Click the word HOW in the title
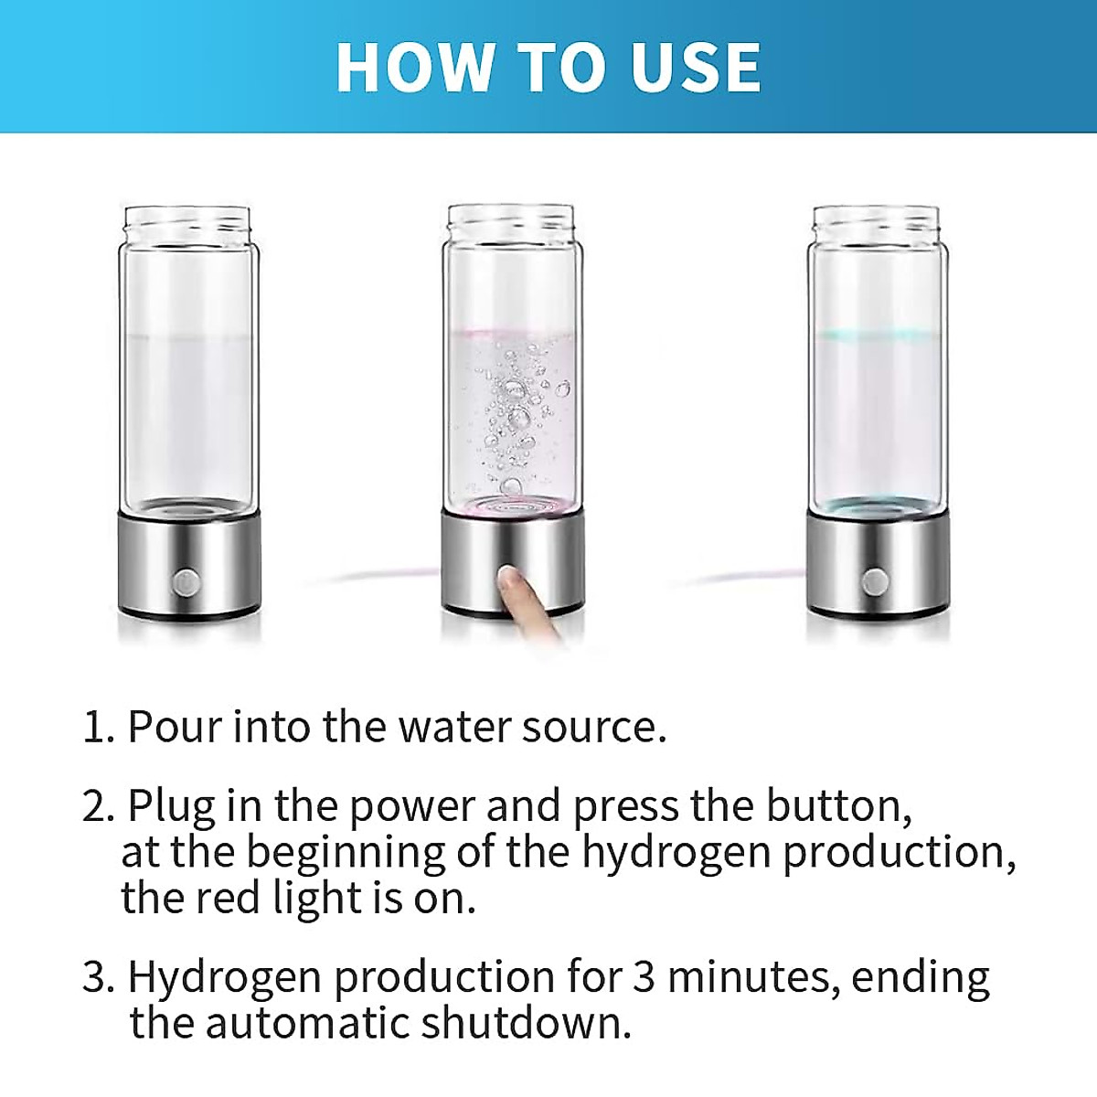pos(414,67)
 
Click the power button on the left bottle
pos(186,580)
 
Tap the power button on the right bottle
pos(875,580)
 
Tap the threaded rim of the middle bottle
pos(511,220)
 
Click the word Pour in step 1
pos(174,727)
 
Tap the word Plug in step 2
pos(172,806)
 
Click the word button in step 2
pos(837,806)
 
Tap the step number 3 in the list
pos(95,977)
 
